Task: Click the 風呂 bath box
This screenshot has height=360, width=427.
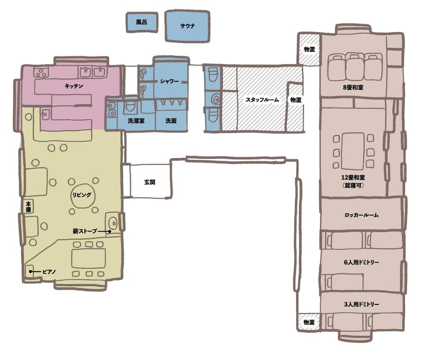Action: pos(142,22)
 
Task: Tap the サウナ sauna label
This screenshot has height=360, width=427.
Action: pos(187,26)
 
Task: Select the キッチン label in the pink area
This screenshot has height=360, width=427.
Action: pos(74,86)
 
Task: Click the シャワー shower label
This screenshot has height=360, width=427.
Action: pos(169,81)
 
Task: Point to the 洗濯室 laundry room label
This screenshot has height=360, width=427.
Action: pos(136,120)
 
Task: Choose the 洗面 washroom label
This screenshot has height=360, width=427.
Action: pos(171,120)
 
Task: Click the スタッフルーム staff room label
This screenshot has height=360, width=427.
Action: pos(262,100)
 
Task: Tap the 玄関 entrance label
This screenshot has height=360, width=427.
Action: pos(149,182)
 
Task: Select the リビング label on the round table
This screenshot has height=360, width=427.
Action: pos(82,195)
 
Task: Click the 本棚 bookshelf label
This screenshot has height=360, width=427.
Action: pos(28,207)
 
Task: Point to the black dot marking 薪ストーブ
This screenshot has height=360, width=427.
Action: pos(109,232)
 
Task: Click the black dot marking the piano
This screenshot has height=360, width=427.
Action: pos(31,272)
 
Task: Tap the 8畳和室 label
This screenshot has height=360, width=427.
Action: pos(353,88)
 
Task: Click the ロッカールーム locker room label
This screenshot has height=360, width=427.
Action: pos(361,215)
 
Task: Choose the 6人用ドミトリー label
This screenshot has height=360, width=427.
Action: pos(361,262)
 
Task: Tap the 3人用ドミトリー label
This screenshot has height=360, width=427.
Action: pos(361,304)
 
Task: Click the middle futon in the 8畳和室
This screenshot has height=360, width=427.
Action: pos(354,67)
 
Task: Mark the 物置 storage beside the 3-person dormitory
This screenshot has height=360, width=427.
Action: pos(309,323)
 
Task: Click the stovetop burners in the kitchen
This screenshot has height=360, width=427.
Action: pos(41,72)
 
